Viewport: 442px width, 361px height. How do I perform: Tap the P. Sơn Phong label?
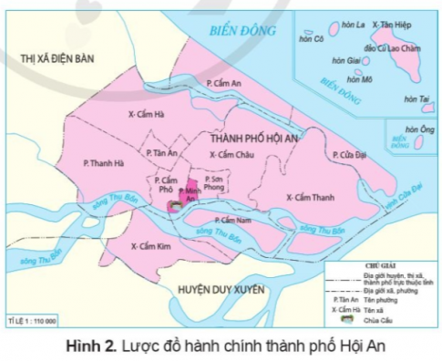[212, 185]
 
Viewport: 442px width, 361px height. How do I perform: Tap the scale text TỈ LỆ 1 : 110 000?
[32, 321]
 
